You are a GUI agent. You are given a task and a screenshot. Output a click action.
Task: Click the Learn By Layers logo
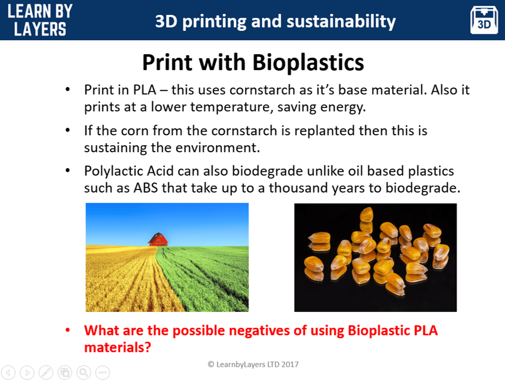tap(40, 20)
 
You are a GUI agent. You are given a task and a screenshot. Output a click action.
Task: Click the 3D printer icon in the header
tap(483, 21)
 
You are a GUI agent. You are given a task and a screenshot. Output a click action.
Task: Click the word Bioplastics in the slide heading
tap(308, 63)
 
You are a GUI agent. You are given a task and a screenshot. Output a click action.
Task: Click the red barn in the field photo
tap(158, 240)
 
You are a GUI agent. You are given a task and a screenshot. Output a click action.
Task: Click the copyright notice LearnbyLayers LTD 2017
tap(253, 364)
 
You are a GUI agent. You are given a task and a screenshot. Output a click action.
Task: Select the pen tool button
tap(46, 372)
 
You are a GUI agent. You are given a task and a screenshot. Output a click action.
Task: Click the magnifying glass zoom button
tap(83, 372)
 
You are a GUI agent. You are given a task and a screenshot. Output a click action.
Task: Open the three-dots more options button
tap(102, 372)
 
